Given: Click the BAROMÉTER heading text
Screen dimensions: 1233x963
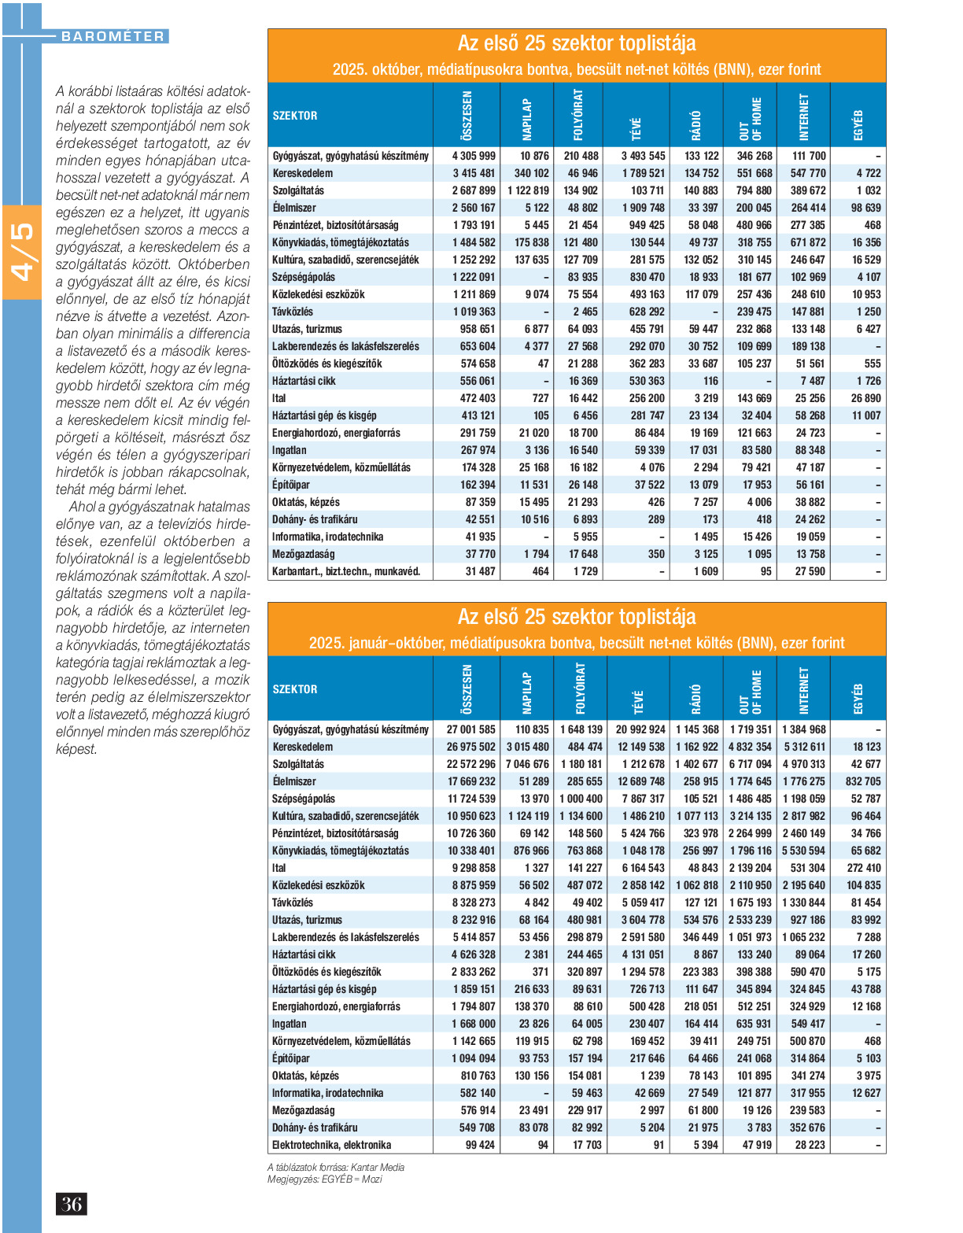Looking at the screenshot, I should click(113, 36).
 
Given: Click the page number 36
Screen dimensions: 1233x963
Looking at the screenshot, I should click(72, 1204).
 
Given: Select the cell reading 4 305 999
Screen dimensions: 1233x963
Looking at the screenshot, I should click(474, 156).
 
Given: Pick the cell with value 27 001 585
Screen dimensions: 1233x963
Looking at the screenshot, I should click(471, 729).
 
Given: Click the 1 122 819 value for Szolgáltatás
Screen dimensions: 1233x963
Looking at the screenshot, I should click(528, 190).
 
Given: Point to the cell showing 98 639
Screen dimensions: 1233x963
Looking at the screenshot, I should click(865, 208).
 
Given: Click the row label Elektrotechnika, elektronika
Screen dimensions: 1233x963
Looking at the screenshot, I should click(331, 1145).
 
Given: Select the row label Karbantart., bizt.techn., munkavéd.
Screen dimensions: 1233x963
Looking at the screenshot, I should click(346, 571).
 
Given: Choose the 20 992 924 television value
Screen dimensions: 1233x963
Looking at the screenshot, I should click(640, 729).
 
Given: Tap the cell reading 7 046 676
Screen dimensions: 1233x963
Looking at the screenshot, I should click(527, 764).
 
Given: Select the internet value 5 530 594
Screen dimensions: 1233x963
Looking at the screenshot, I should click(803, 851).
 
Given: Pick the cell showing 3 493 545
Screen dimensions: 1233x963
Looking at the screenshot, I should click(643, 156).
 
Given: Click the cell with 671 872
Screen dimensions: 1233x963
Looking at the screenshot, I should click(808, 242).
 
